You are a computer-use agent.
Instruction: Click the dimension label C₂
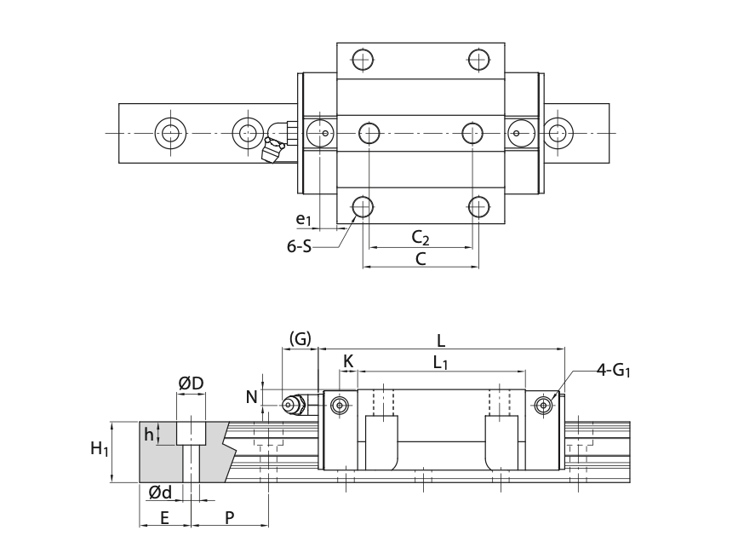tap(420, 237)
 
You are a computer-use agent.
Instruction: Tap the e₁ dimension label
tap(304, 219)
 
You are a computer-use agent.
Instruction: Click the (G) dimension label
tap(300, 339)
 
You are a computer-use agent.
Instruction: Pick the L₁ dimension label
tap(441, 362)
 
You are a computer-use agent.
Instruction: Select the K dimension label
tap(348, 361)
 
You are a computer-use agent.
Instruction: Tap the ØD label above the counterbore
tap(191, 383)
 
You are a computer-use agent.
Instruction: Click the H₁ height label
tap(100, 448)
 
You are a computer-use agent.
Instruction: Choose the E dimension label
tap(164, 517)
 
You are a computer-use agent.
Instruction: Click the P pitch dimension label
tap(230, 517)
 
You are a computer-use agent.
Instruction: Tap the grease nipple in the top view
tap(278, 143)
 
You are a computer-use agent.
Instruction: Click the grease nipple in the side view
tap(295, 404)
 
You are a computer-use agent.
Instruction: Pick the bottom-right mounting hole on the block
tap(479, 206)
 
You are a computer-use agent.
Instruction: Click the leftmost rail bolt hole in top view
tap(169, 132)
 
